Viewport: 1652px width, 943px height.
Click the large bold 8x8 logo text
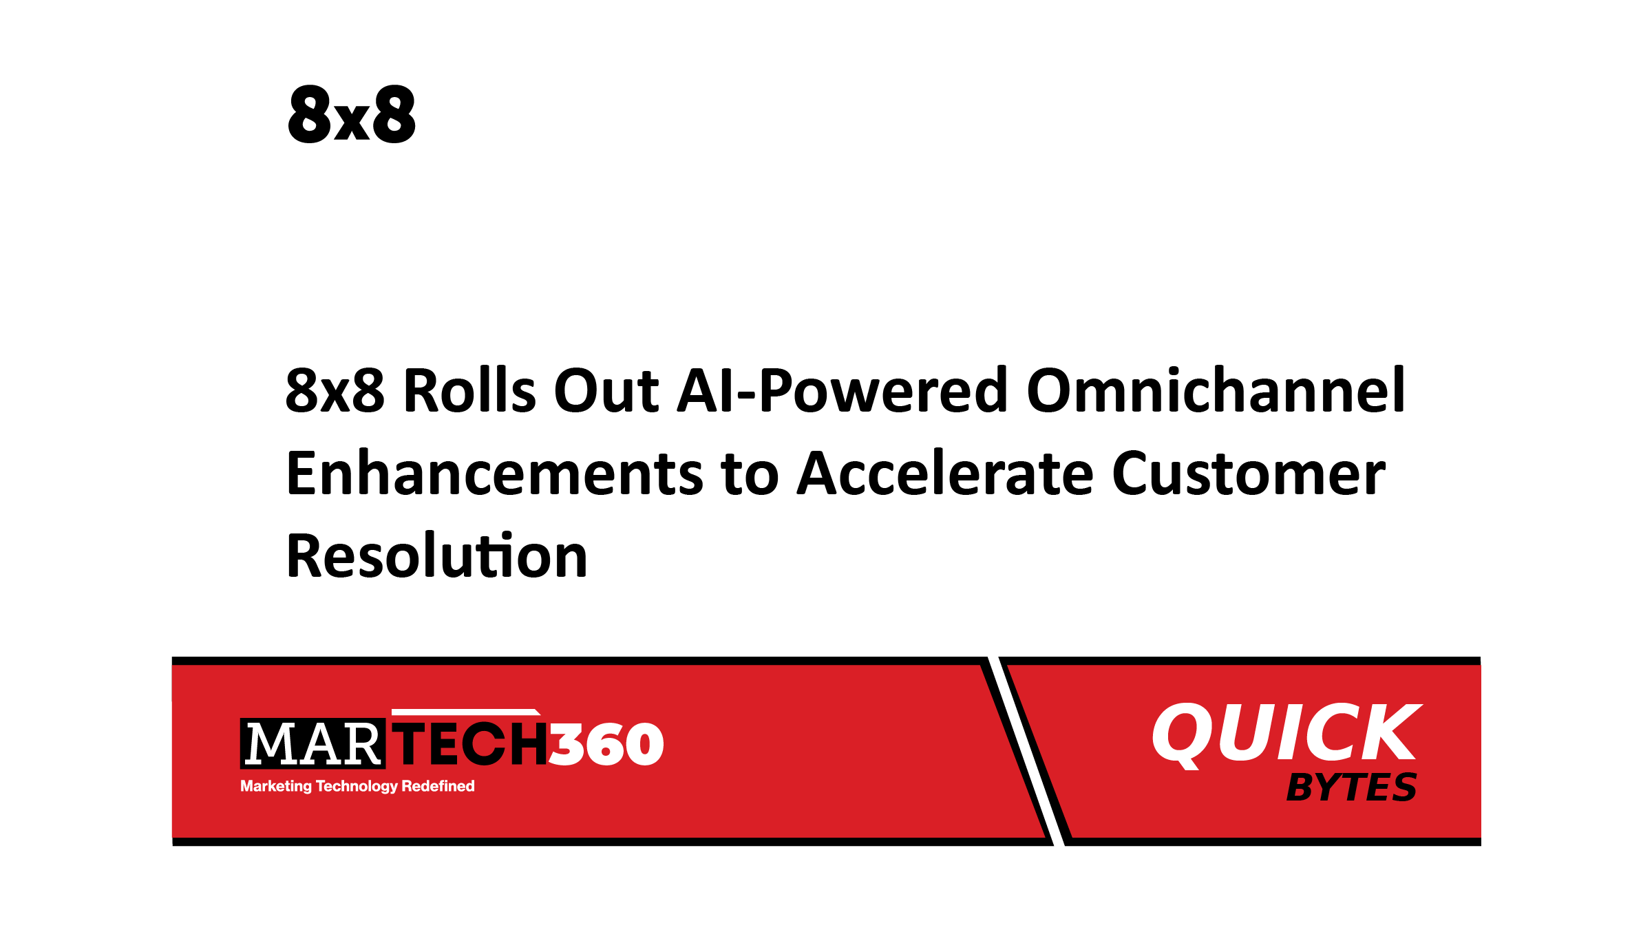[352, 115]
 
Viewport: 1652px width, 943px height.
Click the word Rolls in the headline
[469, 391]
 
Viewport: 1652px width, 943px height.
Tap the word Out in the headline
[606, 391]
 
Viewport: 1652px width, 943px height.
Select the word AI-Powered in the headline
[842, 391]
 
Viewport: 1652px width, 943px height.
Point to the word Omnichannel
[1216, 391]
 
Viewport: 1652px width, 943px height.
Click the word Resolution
[437, 556]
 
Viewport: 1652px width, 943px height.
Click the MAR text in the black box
[313, 744]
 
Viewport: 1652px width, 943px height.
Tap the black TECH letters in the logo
[470, 744]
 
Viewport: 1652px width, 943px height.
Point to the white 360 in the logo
[606, 744]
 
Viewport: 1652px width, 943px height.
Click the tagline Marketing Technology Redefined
[357, 786]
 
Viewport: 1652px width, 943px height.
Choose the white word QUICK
[1286, 733]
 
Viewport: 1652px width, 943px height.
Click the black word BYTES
[1351, 787]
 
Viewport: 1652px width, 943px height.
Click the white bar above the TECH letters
[465, 712]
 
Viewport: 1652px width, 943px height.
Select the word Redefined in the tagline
[438, 786]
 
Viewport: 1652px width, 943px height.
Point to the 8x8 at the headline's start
[335, 391]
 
